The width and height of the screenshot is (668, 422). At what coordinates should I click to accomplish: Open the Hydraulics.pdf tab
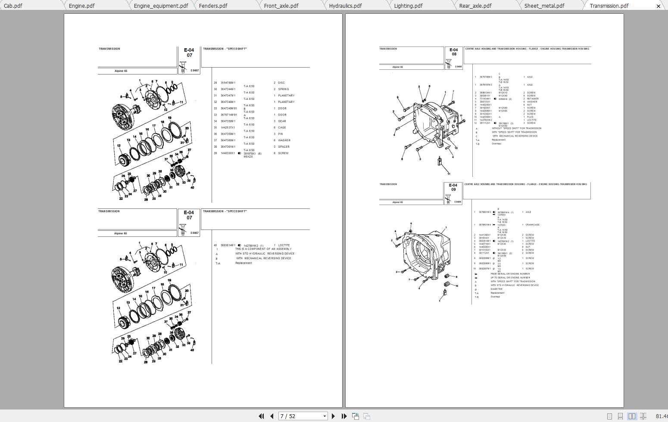pos(345,6)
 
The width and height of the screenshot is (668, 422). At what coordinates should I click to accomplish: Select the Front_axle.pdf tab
pos(281,6)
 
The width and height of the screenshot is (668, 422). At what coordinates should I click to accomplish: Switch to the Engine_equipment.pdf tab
pos(161,6)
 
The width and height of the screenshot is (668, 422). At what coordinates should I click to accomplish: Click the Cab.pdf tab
pos(13,6)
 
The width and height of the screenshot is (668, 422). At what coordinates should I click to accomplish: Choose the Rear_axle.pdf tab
pos(475,6)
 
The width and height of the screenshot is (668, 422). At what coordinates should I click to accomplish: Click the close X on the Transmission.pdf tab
pos(658,6)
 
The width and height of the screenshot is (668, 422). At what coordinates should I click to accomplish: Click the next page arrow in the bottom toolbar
pos(333,416)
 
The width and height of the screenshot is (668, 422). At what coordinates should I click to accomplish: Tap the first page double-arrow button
pos(261,416)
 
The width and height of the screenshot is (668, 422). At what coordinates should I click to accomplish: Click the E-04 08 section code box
pos(453,52)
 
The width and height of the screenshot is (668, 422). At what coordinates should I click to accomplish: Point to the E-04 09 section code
pos(453,188)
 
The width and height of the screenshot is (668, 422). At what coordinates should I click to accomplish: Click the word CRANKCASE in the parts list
pos(532,225)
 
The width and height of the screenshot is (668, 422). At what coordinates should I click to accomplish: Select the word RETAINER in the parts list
pos(533,99)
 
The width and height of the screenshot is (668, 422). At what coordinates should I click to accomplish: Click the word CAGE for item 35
pos(282,127)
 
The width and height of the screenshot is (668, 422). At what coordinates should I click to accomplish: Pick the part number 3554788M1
pos(228,83)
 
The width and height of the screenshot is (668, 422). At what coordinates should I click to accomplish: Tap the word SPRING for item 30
pos(283,89)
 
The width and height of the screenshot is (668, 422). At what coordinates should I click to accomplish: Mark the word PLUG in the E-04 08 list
pos(530,117)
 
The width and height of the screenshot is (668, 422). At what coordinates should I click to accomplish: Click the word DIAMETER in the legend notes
pos(496,289)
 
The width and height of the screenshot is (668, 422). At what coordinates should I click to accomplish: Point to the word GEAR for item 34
pos(282,121)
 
